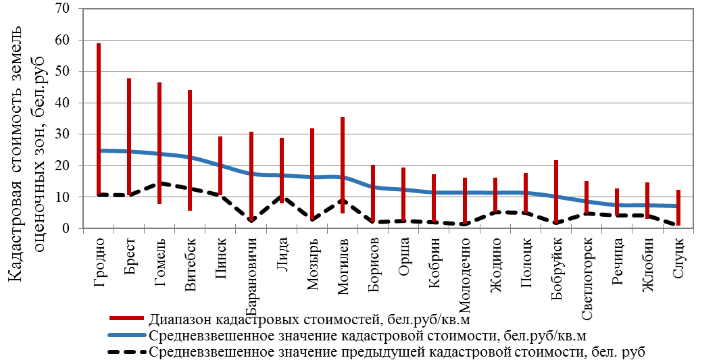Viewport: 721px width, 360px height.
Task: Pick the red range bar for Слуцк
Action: (678, 203)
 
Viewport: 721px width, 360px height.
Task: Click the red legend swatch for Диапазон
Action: (126, 318)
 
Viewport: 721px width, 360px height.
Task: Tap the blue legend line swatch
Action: (126, 334)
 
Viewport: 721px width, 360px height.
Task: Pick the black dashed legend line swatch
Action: (126, 351)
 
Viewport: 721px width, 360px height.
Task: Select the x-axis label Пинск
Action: (221, 255)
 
